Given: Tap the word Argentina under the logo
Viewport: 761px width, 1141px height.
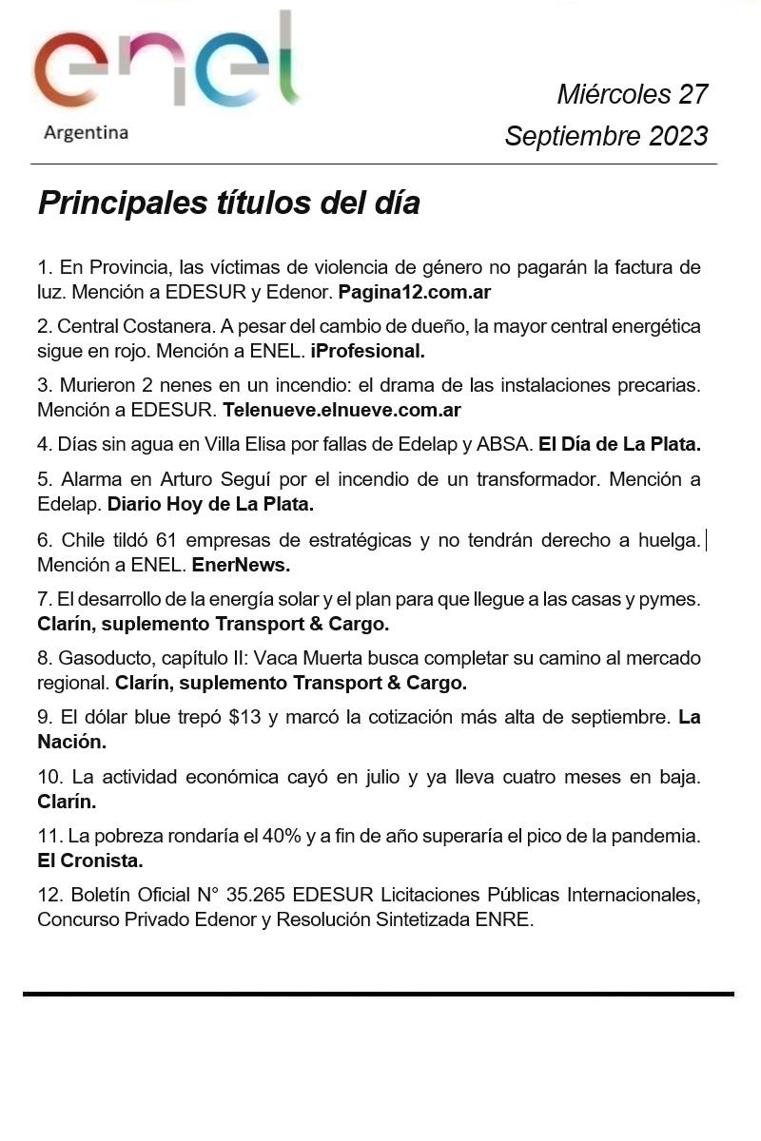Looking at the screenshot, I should coord(86,133).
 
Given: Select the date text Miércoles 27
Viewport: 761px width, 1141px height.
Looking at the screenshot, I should coord(632,94).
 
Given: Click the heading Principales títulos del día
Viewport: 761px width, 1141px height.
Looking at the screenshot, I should coord(228,203).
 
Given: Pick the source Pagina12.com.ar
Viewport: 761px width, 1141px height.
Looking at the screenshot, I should coord(414,292).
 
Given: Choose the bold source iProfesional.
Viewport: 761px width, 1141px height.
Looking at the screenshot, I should coord(367,351).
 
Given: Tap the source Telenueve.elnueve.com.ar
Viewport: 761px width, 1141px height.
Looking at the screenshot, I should coord(341,411).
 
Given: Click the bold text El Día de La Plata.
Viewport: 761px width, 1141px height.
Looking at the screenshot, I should coord(619,443).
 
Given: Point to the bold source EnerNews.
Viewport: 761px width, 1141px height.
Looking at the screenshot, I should coord(241,565).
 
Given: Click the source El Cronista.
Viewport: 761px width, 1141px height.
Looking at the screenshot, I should coord(90,861).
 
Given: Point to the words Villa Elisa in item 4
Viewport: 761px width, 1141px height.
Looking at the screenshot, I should coord(244,443).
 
